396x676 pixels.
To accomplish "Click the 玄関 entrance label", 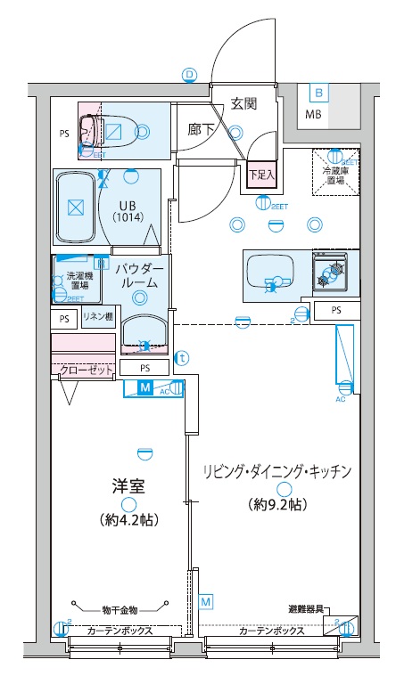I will (243, 103).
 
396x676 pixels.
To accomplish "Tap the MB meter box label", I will (315, 115).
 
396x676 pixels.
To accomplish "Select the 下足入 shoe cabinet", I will (261, 175).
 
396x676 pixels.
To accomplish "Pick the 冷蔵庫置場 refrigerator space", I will (335, 174).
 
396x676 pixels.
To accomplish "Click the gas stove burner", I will (335, 270).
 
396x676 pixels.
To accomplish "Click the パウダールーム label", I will (139, 276).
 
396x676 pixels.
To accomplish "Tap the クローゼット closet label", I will (82, 369).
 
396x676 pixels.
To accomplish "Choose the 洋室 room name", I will (128, 487).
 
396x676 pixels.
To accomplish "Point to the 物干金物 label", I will (120, 610).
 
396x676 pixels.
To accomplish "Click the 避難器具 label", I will (306, 609).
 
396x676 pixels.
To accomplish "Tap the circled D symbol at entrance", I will (189, 76).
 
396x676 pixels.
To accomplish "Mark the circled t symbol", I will (182, 358).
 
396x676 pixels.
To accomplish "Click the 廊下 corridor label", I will (201, 130).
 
